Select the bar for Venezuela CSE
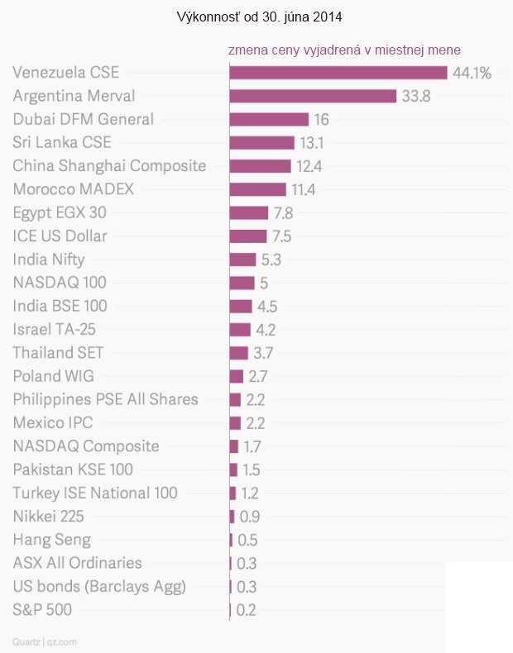coord(338,73)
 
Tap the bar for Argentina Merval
coord(313,96)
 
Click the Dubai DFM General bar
coord(268,119)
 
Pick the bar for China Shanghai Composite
coord(260,166)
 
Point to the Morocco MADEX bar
coord(257,189)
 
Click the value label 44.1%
coord(472,73)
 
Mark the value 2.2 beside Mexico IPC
coord(256,423)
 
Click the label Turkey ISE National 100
coord(95,493)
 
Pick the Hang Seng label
coord(52,540)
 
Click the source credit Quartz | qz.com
coord(46,641)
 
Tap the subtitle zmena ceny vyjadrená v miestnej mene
coord(344,50)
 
